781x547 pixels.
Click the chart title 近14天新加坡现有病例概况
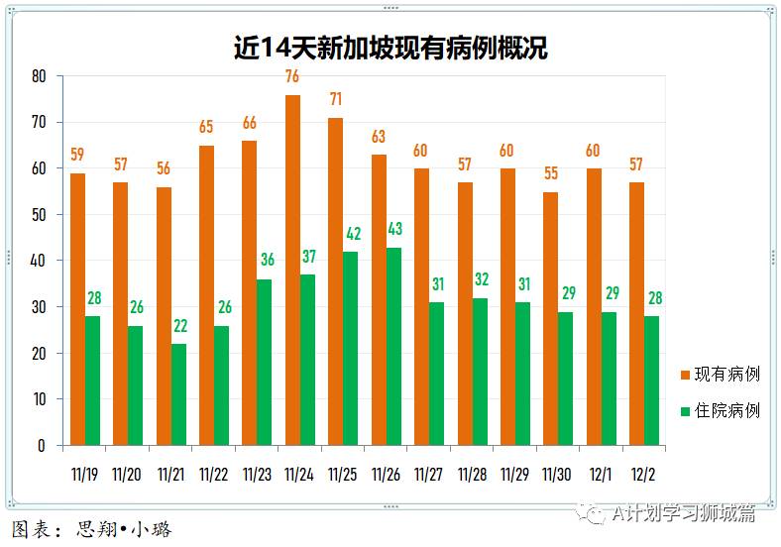(x=390, y=47)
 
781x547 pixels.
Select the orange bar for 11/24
(x=292, y=270)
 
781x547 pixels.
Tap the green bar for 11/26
(x=393, y=346)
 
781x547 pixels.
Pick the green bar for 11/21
(x=178, y=394)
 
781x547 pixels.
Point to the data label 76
(x=292, y=76)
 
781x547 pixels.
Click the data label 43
(x=394, y=229)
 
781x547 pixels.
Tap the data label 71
(x=336, y=99)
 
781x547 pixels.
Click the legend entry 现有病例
(x=725, y=374)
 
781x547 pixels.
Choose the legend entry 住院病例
(x=725, y=410)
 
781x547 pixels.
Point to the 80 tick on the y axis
(x=39, y=76)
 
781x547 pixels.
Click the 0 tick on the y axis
(x=42, y=446)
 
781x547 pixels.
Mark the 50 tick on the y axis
(x=39, y=215)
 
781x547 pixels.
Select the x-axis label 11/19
(x=84, y=475)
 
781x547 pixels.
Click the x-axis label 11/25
(x=342, y=475)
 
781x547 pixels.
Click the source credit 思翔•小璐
(x=124, y=529)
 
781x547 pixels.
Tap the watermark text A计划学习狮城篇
(x=683, y=512)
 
